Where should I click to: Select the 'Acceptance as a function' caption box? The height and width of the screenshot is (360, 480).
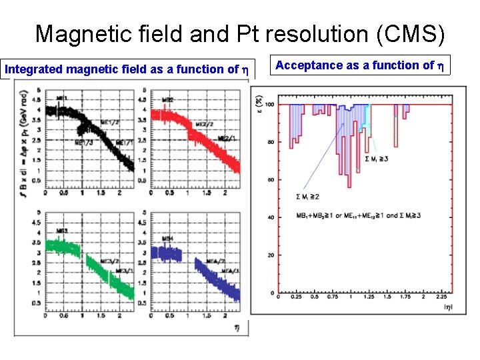coord(363,65)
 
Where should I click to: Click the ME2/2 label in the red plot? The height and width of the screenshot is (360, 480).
coord(204,124)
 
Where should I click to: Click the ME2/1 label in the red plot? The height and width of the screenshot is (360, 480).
coord(228,139)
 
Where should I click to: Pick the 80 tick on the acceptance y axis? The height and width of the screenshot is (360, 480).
coord(270,142)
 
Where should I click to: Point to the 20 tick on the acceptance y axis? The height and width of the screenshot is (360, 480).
coord(271,255)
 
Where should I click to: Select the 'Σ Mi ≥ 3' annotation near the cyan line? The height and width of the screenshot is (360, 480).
coord(377,158)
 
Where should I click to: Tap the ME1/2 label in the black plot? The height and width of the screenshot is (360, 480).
coord(109,122)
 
